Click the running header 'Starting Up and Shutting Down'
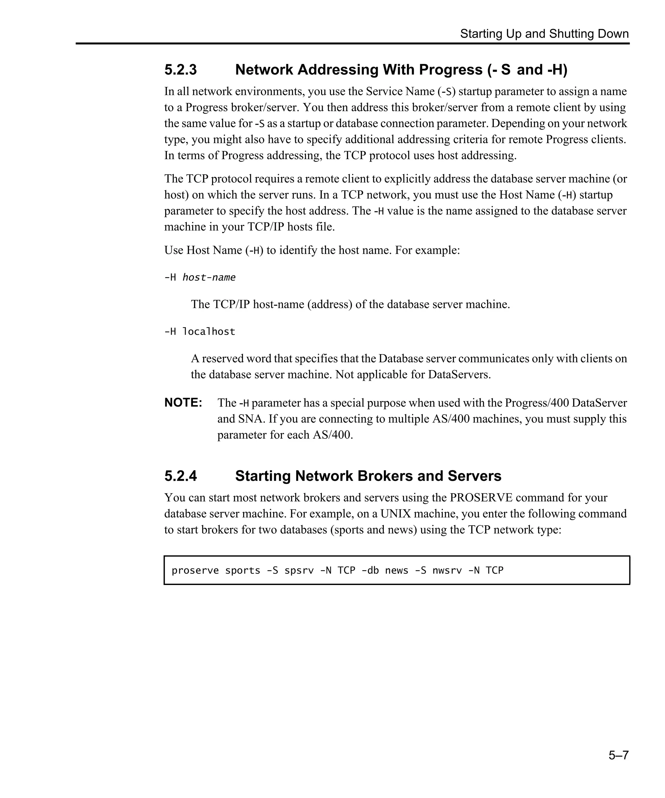pos(544,34)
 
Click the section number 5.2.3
pos(181,70)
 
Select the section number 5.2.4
pos(181,476)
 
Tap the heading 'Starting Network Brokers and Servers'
pos(368,476)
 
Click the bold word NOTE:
pos(183,403)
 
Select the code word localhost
pos(208,332)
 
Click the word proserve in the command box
pos(195,570)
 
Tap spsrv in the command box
pos(299,570)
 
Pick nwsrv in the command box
pos(447,570)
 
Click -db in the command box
pos(370,570)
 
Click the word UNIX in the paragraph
pos(395,514)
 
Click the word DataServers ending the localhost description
pos(459,375)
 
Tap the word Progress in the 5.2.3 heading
pos(451,70)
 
